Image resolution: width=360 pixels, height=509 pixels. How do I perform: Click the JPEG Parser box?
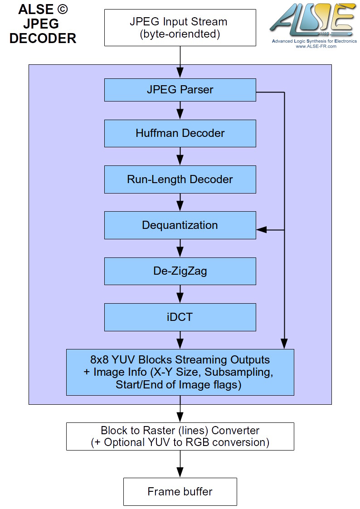click(180, 90)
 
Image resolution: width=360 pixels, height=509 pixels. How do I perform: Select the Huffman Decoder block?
click(180, 133)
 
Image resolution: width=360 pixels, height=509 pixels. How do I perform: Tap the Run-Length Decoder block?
click(180, 179)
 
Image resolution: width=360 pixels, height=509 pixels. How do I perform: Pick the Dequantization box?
click(180, 225)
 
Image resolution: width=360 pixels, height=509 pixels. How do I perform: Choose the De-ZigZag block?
click(180, 271)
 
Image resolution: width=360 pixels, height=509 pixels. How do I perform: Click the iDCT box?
click(180, 317)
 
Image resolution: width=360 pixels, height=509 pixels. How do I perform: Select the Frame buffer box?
click(180, 491)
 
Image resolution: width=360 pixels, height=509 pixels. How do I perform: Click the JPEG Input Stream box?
click(180, 28)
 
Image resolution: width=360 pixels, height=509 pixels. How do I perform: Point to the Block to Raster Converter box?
click(180, 436)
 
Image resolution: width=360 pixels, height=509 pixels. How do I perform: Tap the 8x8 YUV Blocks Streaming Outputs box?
click(180, 372)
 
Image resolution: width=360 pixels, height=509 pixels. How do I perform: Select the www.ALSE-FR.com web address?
click(316, 46)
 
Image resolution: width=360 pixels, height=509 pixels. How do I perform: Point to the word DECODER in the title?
click(43, 39)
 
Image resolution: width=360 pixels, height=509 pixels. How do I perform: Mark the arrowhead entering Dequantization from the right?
click(261, 230)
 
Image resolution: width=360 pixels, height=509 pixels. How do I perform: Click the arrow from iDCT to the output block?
click(180, 340)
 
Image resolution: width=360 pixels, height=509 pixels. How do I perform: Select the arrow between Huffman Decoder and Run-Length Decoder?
click(180, 156)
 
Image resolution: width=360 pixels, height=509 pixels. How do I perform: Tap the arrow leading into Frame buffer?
click(180, 464)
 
